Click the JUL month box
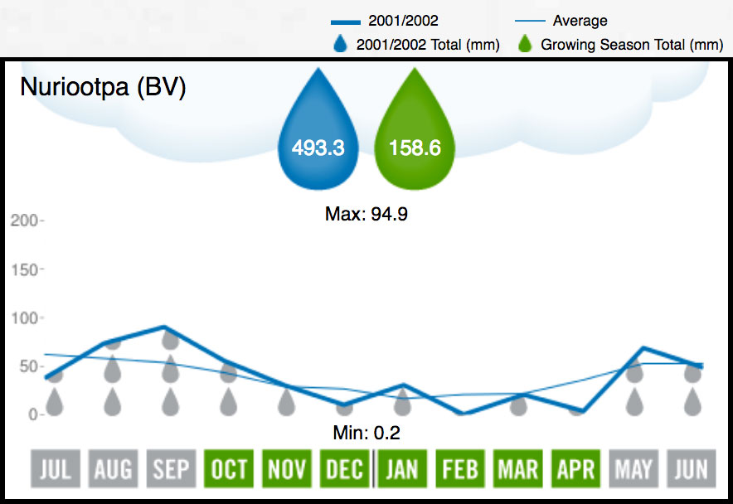pyautogui.click(x=55, y=470)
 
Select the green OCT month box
pyautogui.click(x=229, y=470)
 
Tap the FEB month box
pyautogui.click(x=459, y=470)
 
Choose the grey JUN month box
pyautogui.click(x=691, y=470)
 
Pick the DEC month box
pyautogui.click(x=344, y=470)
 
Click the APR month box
pyautogui.click(x=575, y=470)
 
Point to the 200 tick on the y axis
pyautogui.click(x=24, y=220)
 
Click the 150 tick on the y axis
pyautogui.click(x=24, y=269)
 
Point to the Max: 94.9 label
pyautogui.click(x=366, y=214)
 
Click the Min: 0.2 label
pyautogui.click(x=366, y=432)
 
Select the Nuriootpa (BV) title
pyautogui.click(x=103, y=87)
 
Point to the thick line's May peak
pyautogui.click(x=643, y=348)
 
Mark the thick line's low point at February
pyautogui.click(x=460, y=413)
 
